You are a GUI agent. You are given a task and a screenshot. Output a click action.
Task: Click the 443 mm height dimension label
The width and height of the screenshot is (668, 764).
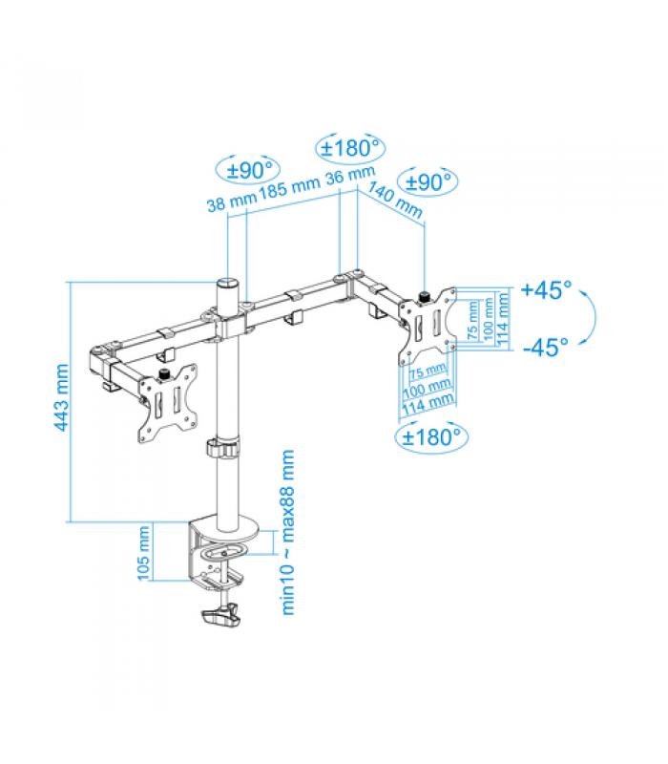click(x=61, y=397)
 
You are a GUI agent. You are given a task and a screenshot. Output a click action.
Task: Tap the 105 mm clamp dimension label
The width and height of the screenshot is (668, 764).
click(x=144, y=554)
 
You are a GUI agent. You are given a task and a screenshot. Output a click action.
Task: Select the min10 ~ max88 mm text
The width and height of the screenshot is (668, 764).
click(x=288, y=533)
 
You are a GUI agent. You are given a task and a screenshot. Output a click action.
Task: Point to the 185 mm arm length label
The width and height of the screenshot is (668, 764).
click(x=289, y=188)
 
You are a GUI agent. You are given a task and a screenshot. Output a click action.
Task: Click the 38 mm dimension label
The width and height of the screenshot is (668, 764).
click(x=231, y=202)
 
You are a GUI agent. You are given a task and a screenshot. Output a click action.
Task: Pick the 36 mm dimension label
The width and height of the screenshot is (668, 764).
click(x=350, y=176)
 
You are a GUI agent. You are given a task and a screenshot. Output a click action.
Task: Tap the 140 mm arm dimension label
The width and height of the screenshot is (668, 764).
click(x=395, y=200)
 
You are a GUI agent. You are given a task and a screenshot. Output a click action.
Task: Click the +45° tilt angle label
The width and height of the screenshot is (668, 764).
click(x=546, y=289)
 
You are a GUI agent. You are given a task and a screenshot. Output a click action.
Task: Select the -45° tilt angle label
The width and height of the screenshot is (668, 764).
click(x=545, y=348)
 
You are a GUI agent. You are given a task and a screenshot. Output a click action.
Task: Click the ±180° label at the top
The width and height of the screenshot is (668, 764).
click(x=350, y=148)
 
